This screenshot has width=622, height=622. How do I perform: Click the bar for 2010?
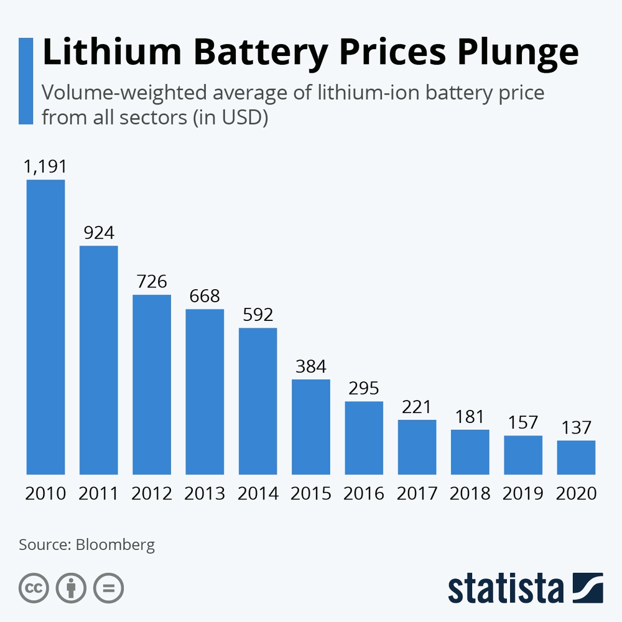pyautogui.click(x=45, y=327)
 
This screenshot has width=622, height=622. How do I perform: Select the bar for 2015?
pyautogui.click(x=311, y=427)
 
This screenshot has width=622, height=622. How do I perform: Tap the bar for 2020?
pyautogui.click(x=576, y=457)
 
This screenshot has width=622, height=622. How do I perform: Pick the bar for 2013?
pyautogui.click(x=205, y=391)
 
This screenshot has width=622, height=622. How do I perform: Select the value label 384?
pyautogui.click(x=310, y=366)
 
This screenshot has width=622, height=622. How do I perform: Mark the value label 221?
pyautogui.click(x=417, y=407)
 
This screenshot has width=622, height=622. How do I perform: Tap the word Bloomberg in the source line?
pyautogui.click(x=115, y=545)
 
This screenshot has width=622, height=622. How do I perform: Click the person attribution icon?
pyautogui.click(x=71, y=587)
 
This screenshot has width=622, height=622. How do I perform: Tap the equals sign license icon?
pyautogui.click(x=108, y=587)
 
